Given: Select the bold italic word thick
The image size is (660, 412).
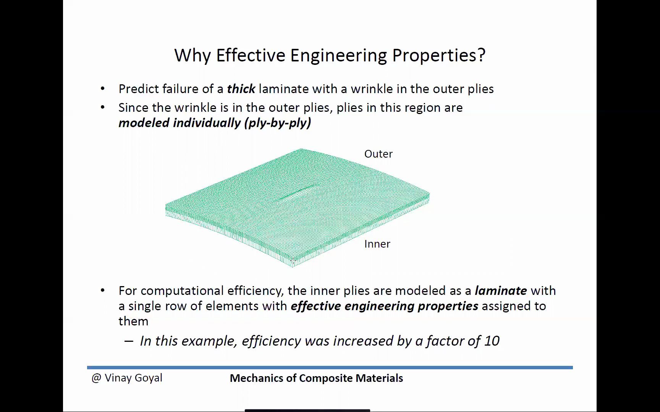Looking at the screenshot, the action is coord(241,89).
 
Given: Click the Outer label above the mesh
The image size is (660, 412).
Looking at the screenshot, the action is coord(379,154).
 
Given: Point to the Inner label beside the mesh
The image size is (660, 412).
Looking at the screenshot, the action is coord(377,244).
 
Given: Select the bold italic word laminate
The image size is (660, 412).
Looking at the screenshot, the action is coord(501,291).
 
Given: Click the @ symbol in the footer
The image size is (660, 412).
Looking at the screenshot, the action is coord(96,378).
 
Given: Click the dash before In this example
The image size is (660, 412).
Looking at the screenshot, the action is coord(129,341).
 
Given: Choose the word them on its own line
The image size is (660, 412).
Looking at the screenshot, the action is coord(133,321).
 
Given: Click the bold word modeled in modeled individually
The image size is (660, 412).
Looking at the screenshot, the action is coord(144,123).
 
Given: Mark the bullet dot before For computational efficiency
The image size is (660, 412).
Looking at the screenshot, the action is coord(102,291).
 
